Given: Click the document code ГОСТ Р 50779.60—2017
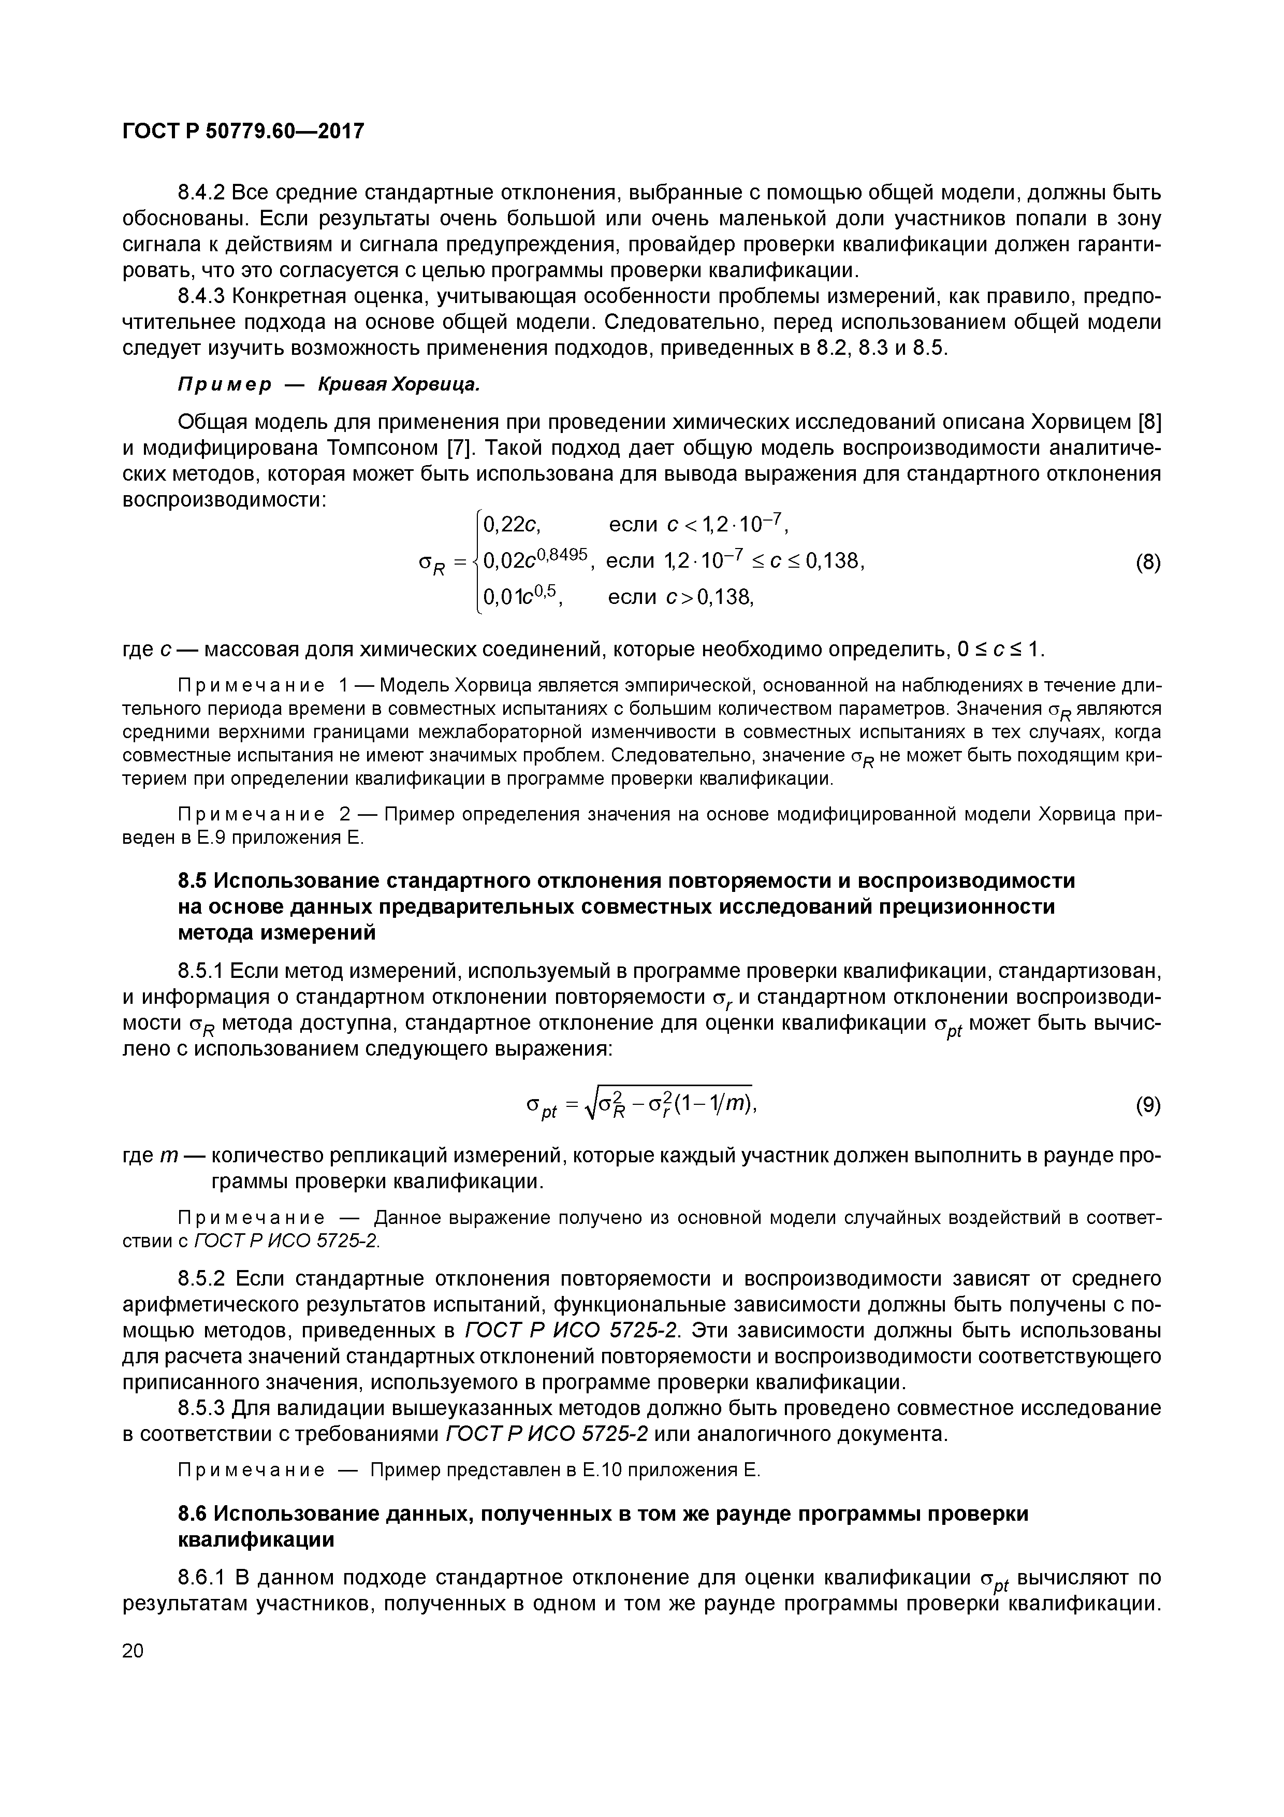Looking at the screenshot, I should (x=243, y=131).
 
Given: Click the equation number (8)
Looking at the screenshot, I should (x=1148, y=563).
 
